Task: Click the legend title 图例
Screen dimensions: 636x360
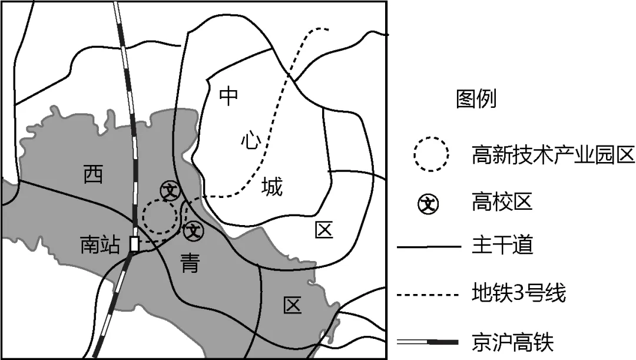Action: [x=476, y=98]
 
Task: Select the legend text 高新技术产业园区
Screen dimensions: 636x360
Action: [x=553, y=154]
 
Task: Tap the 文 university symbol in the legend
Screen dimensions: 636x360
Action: [x=428, y=204]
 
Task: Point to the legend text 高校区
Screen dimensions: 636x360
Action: [x=502, y=202]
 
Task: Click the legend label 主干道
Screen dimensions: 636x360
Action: [x=502, y=246]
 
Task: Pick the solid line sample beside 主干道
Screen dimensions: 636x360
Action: [x=429, y=246]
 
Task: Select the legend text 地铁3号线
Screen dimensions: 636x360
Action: [x=519, y=293]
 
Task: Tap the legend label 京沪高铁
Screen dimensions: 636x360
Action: [x=513, y=342]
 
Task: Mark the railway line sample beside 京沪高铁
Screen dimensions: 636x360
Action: [x=428, y=342]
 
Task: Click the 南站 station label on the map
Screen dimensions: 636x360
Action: [x=100, y=245]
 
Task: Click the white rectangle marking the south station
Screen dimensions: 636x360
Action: [x=134, y=244]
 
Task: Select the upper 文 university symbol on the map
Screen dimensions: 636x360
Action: [x=170, y=190]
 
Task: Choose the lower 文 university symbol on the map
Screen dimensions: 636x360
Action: [x=194, y=232]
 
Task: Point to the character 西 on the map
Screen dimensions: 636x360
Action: [x=93, y=174]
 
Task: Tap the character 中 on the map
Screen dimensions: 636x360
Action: [x=228, y=96]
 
